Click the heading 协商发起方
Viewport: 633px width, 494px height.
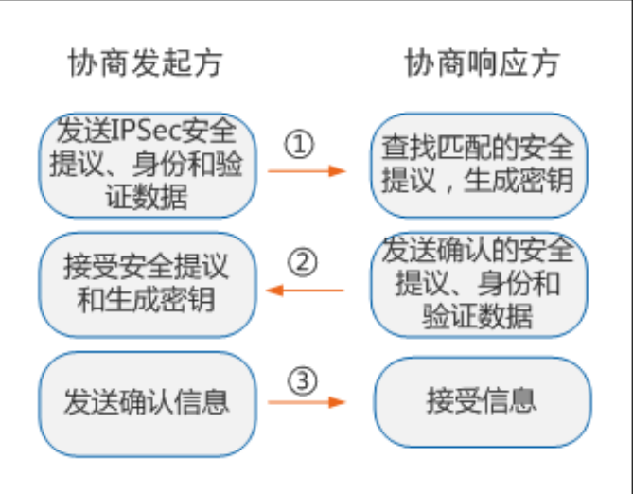tap(146, 63)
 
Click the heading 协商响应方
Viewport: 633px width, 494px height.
tap(482, 63)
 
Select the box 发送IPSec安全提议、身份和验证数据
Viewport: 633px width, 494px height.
tap(148, 162)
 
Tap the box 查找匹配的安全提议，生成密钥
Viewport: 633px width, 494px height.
tap(479, 162)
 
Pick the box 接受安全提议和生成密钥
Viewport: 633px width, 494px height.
tap(148, 281)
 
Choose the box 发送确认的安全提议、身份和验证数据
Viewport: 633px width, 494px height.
tap(479, 281)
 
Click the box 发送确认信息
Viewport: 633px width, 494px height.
tap(148, 400)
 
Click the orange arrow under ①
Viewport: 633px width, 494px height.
tap(305, 171)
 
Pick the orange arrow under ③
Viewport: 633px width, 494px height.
tap(305, 402)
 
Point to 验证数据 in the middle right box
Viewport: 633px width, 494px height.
tap(478, 313)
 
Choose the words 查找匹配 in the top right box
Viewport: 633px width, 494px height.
tap(422, 147)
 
